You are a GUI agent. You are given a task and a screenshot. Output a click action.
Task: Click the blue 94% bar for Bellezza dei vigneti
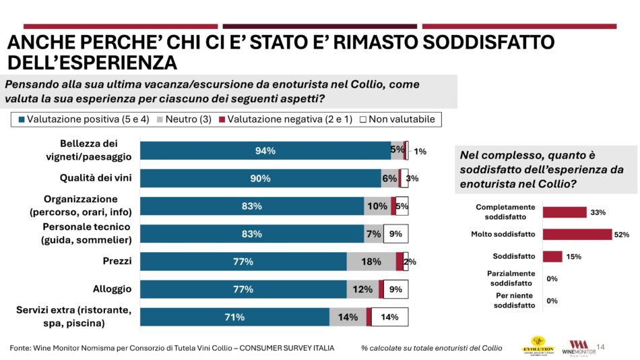(x=265, y=151)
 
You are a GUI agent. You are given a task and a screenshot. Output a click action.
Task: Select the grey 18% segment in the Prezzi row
(x=371, y=262)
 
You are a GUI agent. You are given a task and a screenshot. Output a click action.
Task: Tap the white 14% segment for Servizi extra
(x=389, y=317)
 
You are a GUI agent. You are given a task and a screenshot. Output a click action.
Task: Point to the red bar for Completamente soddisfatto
(x=565, y=212)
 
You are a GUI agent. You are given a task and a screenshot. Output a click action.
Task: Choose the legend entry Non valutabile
(x=397, y=119)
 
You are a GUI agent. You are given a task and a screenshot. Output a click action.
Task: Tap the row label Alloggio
(x=112, y=289)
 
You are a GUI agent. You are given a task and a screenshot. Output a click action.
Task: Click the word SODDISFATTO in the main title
(x=489, y=42)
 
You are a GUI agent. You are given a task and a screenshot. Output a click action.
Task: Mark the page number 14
(x=602, y=347)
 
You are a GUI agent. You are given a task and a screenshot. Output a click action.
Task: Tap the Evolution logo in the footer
(x=538, y=345)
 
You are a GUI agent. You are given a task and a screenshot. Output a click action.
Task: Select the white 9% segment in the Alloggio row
(x=395, y=289)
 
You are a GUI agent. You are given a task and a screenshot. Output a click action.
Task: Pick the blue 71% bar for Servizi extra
(x=234, y=317)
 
